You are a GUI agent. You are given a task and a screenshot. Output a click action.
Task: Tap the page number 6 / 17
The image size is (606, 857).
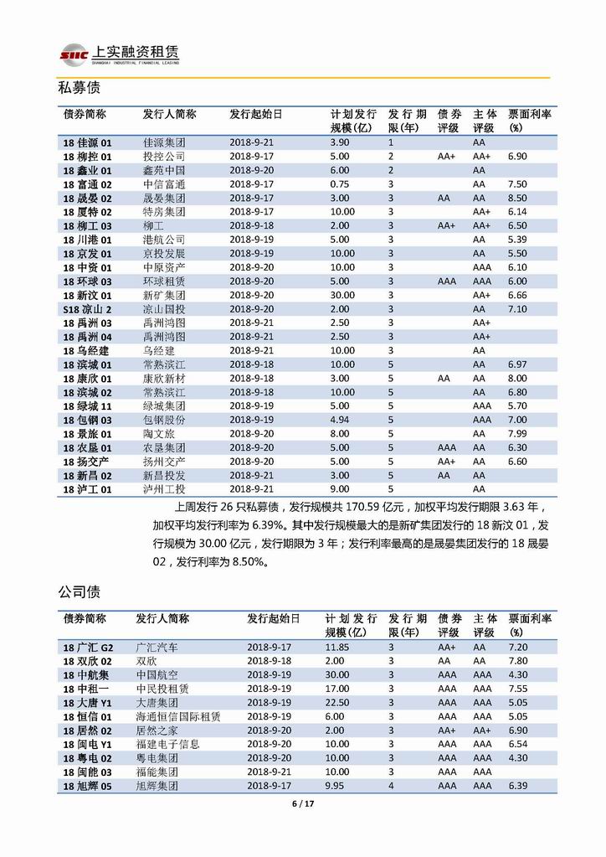click(x=302, y=804)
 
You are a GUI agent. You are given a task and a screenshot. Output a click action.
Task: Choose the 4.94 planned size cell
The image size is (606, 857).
click(x=340, y=420)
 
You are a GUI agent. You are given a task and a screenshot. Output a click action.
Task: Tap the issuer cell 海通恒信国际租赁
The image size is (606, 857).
click(x=178, y=716)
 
